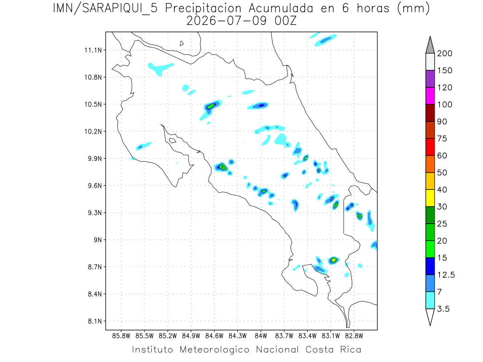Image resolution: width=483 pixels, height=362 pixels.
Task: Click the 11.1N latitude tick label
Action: (93, 50)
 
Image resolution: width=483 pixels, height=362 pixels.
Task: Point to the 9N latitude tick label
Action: (97, 240)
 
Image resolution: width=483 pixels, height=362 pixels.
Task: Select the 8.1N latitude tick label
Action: (95, 321)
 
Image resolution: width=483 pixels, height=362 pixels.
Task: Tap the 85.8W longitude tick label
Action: (121, 336)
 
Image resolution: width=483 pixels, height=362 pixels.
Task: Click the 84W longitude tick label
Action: (261, 336)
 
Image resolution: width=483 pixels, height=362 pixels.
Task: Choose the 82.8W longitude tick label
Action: (354, 336)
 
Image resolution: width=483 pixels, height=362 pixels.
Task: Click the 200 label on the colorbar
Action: (444, 53)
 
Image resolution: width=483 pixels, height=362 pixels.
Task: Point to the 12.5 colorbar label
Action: (446, 275)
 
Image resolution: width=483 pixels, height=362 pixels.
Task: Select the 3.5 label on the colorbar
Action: (443, 309)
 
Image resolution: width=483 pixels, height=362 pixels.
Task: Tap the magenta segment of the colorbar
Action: (430, 96)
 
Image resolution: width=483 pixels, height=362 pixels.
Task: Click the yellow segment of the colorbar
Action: (430, 198)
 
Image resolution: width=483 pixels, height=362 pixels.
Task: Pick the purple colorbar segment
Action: (430, 79)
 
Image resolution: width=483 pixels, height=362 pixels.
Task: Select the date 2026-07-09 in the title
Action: (227, 21)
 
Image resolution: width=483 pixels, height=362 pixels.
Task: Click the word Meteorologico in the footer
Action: (215, 350)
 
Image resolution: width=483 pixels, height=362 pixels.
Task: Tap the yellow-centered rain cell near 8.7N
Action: (334, 260)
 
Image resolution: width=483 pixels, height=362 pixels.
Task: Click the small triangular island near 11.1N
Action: (182, 43)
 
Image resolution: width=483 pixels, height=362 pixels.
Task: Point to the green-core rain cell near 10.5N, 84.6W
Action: (211, 107)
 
